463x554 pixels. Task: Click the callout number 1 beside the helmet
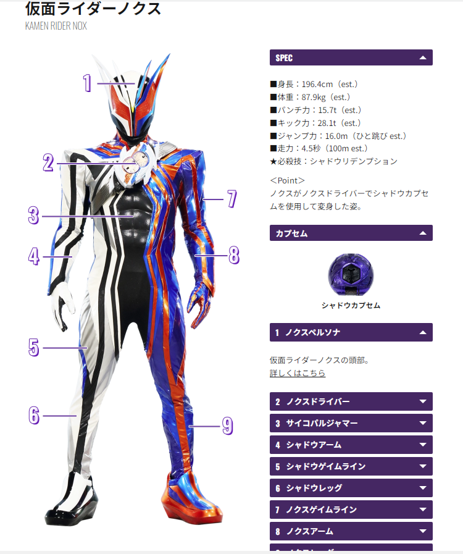tap(87, 83)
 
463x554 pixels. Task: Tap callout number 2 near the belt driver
tap(49, 162)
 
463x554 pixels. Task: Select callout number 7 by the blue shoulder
tap(231, 198)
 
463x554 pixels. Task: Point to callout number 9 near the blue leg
tap(227, 425)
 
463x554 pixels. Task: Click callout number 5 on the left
tap(33, 347)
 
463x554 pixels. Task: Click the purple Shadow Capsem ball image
tap(351, 275)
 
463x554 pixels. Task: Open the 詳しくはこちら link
tap(298, 373)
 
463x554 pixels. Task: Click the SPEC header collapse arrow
tap(423, 57)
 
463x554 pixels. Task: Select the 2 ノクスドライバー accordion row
tap(351, 401)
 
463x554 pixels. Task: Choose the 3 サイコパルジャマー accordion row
tap(351, 423)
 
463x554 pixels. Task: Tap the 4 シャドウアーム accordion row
tap(351, 445)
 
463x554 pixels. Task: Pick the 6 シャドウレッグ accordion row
tap(351, 488)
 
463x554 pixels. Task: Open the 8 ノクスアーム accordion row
tap(351, 531)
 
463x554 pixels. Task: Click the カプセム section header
tap(351, 233)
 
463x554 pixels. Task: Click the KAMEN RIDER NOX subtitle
tap(56, 26)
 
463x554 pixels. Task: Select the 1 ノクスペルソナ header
tap(351, 332)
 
